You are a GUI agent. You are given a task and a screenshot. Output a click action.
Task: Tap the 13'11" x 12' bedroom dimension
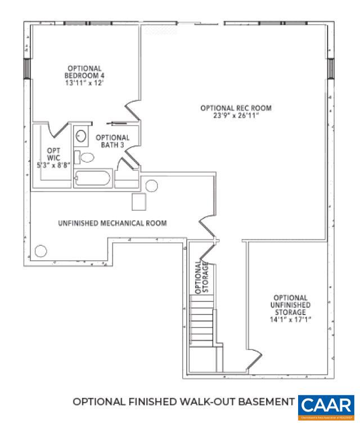tap(85, 83)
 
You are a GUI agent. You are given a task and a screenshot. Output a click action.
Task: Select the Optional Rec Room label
tap(236, 108)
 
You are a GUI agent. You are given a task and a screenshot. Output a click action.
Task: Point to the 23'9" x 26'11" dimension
tap(236, 116)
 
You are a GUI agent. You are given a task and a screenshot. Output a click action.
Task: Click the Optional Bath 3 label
tap(112, 141)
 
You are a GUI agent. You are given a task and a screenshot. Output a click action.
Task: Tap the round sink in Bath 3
tap(81, 137)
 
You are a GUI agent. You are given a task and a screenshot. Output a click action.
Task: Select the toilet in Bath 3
tap(85, 157)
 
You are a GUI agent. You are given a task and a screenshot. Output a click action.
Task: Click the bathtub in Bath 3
tap(92, 179)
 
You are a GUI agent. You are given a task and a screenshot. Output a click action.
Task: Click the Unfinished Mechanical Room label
tap(112, 223)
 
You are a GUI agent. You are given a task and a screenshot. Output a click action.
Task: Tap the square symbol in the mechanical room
tap(138, 201)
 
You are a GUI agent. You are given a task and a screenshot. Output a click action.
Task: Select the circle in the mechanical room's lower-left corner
tap(40, 251)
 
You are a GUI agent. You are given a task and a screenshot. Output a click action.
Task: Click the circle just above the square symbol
tap(152, 186)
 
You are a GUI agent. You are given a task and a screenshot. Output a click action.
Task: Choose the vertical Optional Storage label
tap(201, 277)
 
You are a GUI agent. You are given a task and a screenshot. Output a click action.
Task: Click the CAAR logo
tap(326, 406)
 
